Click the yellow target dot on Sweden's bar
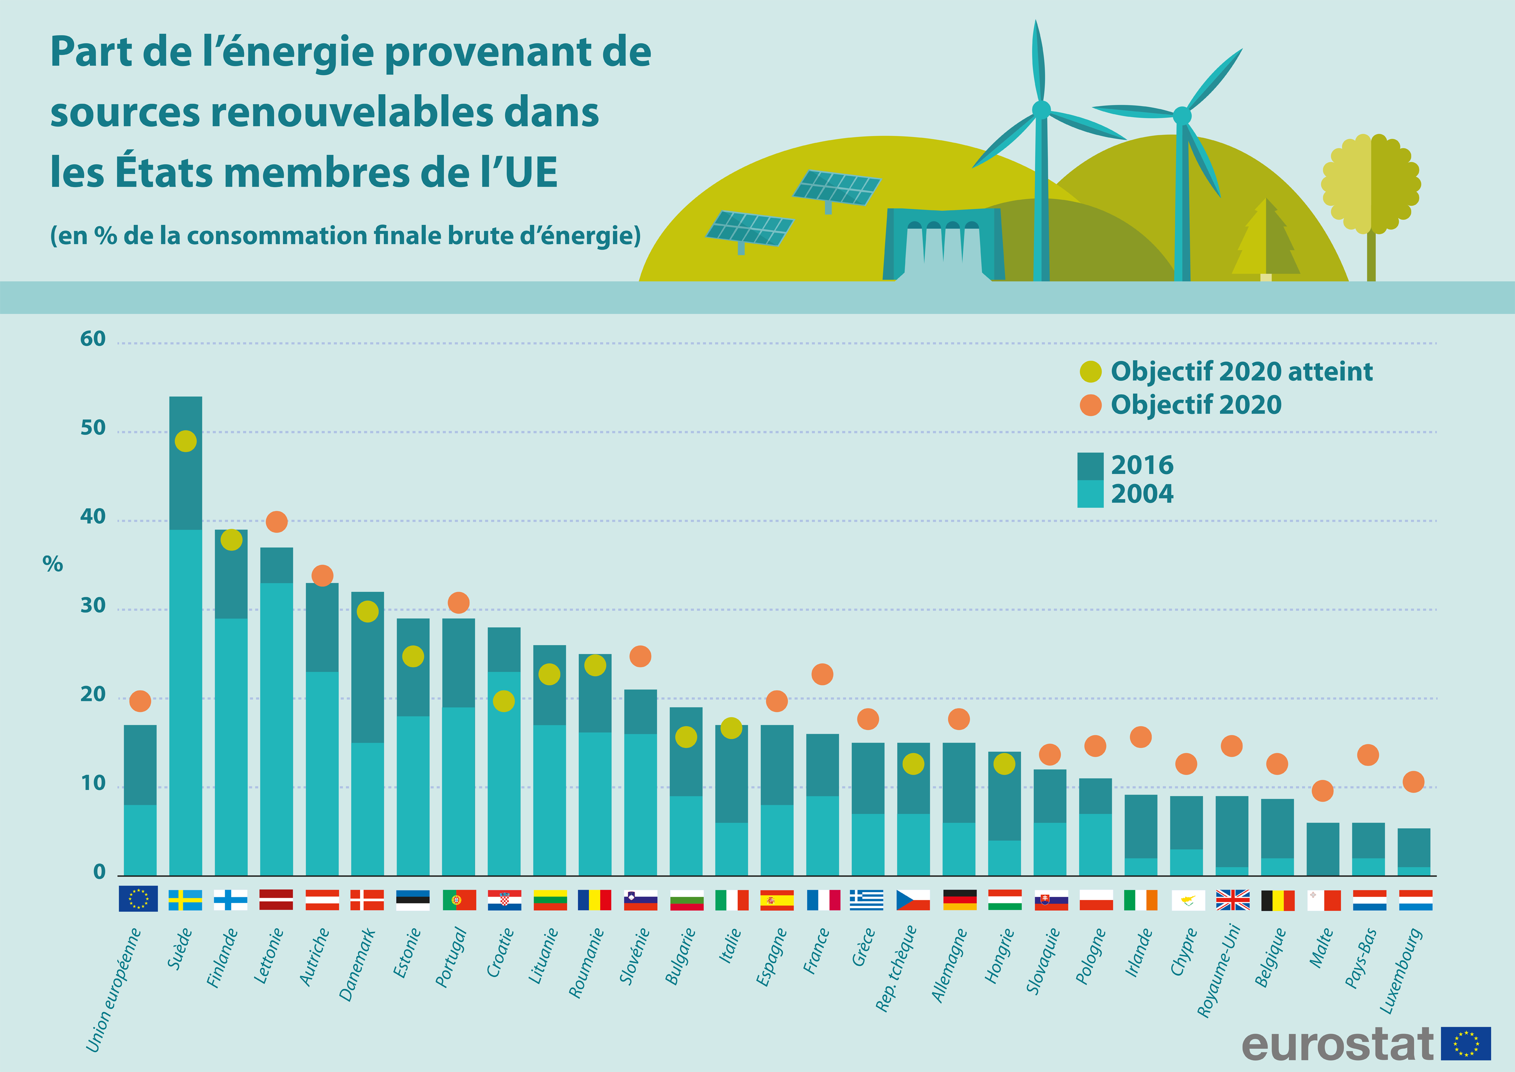(185, 441)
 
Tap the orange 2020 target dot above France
(822, 674)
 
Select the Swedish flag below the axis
(185, 900)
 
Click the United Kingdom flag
(1233, 900)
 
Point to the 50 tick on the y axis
(93, 428)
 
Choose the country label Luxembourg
(1401, 970)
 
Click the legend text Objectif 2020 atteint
(1241, 372)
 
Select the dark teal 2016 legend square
(1090, 466)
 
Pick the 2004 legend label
(1142, 494)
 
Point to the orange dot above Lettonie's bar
(277, 521)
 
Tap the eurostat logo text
(1337, 1044)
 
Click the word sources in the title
(125, 112)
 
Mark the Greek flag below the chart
(867, 900)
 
